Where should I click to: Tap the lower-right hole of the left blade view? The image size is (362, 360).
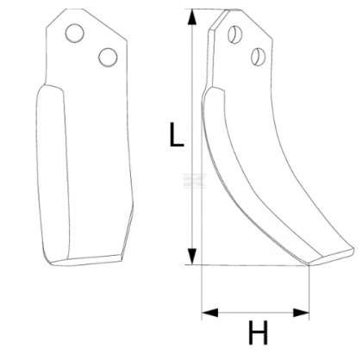tap(108, 57)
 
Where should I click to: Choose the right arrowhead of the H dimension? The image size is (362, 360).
tap(304, 310)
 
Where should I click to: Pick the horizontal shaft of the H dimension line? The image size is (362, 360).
tap(254, 310)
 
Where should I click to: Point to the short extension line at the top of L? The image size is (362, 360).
tap(207, 9)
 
